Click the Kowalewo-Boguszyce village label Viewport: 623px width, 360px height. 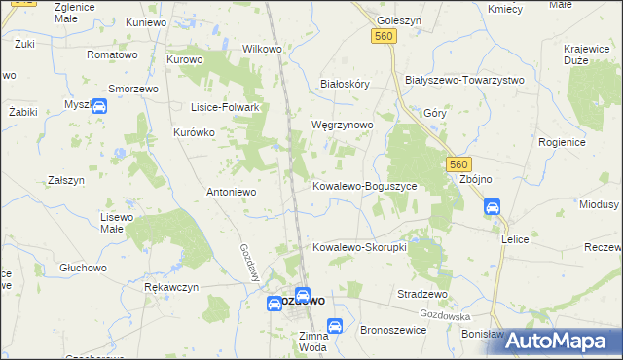[364, 185]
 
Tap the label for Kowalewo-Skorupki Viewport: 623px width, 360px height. [358, 247]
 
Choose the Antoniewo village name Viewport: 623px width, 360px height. [231, 192]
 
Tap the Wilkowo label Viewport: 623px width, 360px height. [262, 48]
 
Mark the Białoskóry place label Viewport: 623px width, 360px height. [346, 84]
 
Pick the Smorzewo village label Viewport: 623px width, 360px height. [133, 87]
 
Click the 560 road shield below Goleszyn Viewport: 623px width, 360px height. [383, 36]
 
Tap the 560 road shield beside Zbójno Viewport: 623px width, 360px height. [459, 165]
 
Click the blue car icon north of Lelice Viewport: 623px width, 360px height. [493, 206]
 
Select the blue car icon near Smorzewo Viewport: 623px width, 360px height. [98, 107]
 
